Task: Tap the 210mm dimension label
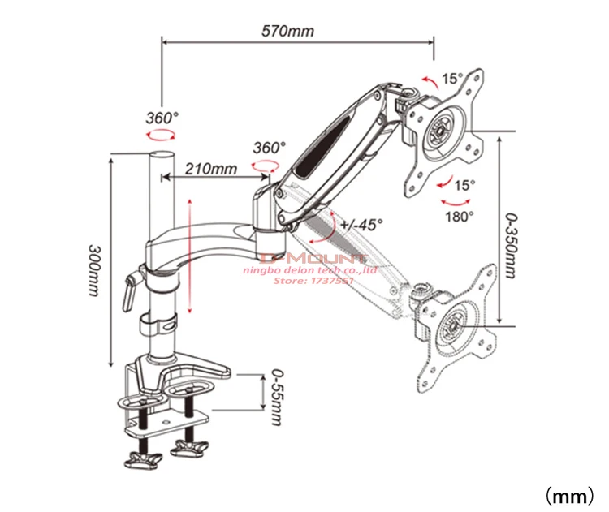pos(210,169)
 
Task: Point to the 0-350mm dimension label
pos(510,245)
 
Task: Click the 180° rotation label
pos(460,216)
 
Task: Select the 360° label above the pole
pos(162,117)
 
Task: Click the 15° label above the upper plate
pos(452,79)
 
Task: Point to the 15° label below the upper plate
pos(464,185)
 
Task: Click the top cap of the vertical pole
pos(162,155)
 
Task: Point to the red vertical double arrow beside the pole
pos(188,256)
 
